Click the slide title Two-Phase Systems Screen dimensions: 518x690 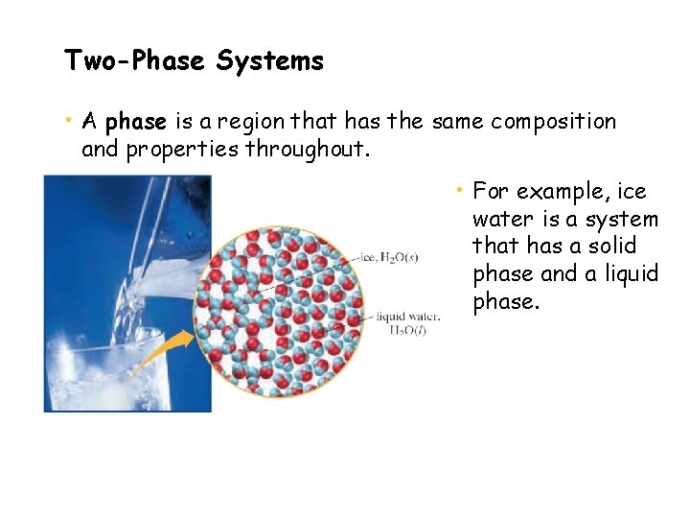[194, 61]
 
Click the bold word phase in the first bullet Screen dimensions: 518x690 [136, 122]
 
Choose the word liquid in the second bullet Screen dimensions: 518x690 [626, 274]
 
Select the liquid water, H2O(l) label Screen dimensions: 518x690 [409, 322]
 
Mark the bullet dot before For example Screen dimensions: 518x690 [461, 189]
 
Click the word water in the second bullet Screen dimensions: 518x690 [502, 219]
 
